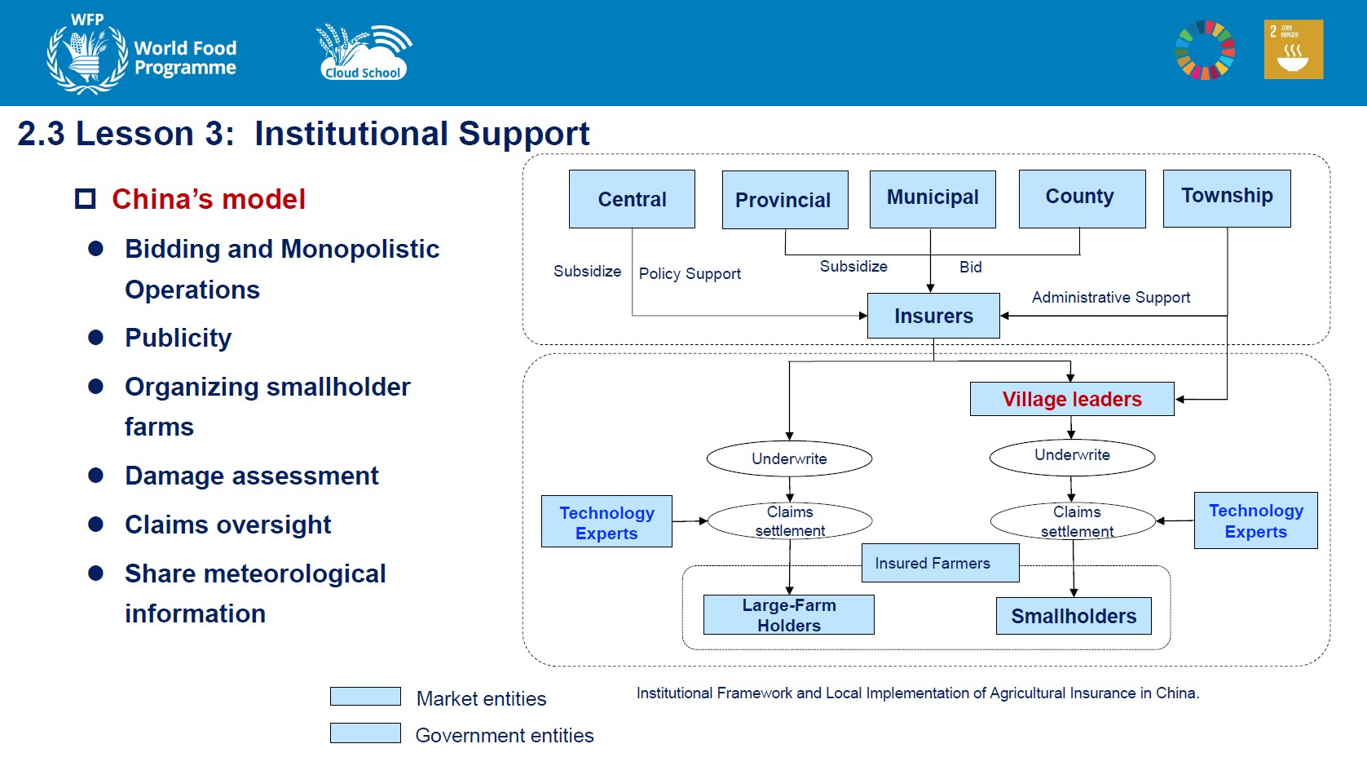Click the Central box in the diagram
(x=632, y=199)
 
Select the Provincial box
(x=785, y=200)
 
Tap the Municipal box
(x=933, y=199)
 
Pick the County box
(x=1082, y=198)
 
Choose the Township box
(x=1227, y=198)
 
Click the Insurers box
(x=933, y=316)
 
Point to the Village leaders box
(x=1072, y=399)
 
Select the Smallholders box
(x=1074, y=616)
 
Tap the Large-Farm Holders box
(x=788, y=614)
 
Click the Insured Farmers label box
(x=941, y=563)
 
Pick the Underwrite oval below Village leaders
(x=1072, y=457)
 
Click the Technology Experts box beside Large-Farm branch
(x=606, y=521)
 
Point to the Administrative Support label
(x=1111, y=298)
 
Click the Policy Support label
(x=690, y=273)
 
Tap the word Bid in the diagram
(x=970, y=267)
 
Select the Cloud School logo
(x=364, y=52)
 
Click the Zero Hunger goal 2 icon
(x=1293, y=50)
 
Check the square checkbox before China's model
(x=86, y=199)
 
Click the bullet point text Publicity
(x=179, y=338)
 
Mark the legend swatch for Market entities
(x=365, y=697)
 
